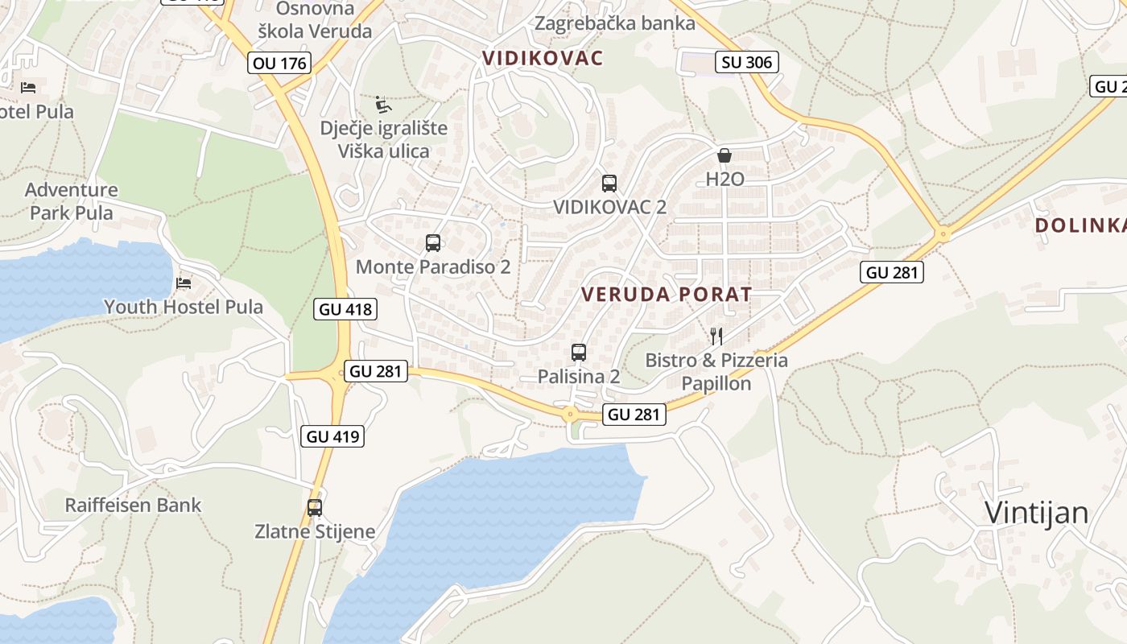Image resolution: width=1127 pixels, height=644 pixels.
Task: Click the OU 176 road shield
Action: pos(279,63)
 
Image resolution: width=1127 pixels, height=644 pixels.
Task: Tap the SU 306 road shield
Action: pos(747,62)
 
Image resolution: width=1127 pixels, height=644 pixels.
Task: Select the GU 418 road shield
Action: pos(346,308)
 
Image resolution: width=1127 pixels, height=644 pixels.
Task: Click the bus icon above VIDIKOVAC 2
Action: pos(609,184)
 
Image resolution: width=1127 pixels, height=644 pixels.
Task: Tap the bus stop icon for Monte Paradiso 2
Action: pos(433,243)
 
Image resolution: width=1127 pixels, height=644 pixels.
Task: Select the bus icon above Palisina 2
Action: pos(579,352)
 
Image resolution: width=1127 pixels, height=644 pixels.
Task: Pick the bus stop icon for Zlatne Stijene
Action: pos(315,508)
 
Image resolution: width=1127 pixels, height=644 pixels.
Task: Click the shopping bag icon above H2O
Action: pos(724,155)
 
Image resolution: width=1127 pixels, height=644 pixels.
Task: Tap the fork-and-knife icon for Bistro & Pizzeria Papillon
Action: pos(716,336)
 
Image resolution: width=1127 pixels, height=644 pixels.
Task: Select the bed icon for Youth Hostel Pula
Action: pos(184,283)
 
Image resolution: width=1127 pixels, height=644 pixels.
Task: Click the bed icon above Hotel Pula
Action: pos(29,87)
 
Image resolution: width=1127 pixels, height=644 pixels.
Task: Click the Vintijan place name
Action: pos(1037,513)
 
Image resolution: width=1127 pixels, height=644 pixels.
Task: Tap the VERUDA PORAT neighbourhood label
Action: pos(667,295)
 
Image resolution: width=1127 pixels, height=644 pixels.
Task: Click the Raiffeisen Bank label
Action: pos(133,506)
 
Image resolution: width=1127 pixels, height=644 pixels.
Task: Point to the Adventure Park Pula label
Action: pos(72,201)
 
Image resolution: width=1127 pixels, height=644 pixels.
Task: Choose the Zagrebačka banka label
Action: pos(615,23)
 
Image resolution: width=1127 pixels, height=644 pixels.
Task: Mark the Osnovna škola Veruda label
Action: pos(314,20)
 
